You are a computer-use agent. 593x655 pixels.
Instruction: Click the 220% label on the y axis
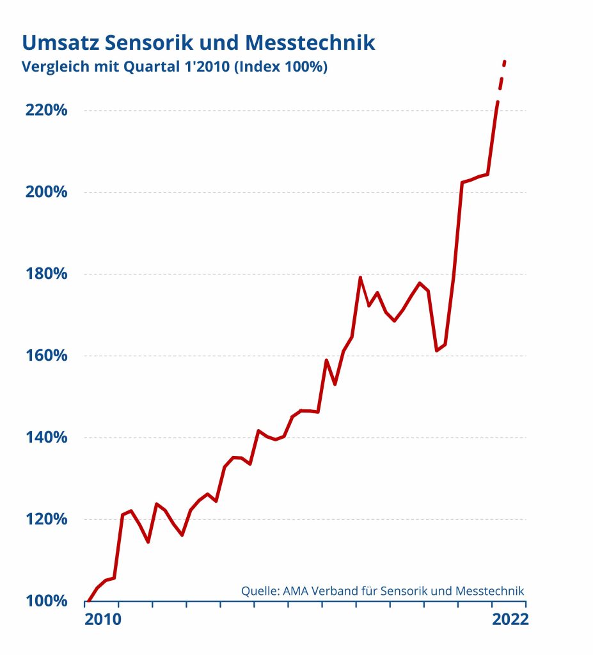pos(46,110)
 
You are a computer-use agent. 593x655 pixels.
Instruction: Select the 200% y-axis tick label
pos(46,192)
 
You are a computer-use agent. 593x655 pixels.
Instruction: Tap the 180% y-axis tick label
pos(46,274)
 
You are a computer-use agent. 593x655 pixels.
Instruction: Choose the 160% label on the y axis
pos(46,356)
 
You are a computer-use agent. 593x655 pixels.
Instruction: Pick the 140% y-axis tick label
pos(46,438)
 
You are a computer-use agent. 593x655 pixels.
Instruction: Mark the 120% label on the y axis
pos(46,519)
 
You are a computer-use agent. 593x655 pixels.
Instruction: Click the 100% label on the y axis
pos(46,601)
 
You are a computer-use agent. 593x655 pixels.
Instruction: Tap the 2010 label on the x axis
pos(103,620)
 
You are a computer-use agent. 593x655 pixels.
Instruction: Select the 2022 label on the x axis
pos(510,620)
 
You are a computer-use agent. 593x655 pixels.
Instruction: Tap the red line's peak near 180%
pos(360,278)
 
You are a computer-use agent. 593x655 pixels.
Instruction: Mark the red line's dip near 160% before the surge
pos(436,351)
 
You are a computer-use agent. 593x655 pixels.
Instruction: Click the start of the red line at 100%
pos(88,601)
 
